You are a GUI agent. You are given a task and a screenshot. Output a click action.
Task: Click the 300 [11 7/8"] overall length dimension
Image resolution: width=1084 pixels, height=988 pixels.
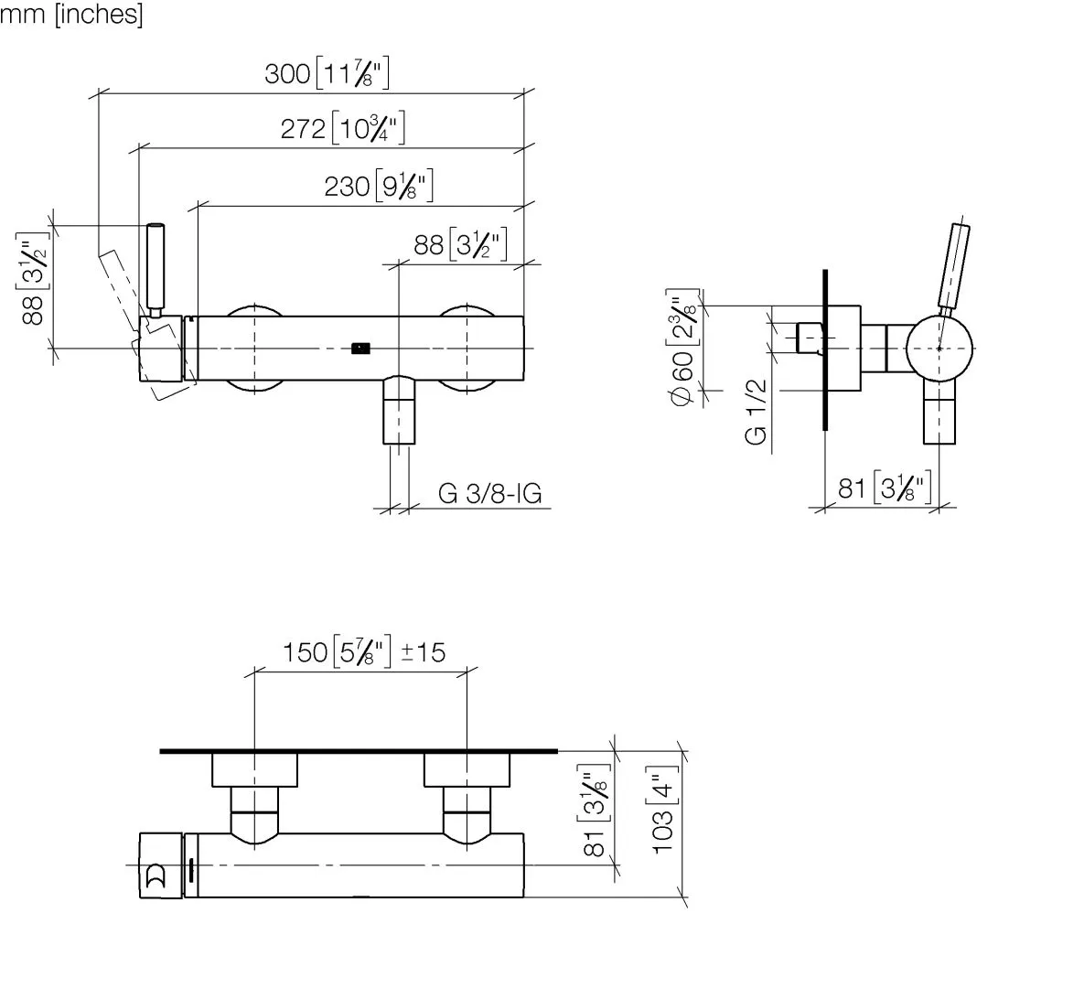(x=327, y=73)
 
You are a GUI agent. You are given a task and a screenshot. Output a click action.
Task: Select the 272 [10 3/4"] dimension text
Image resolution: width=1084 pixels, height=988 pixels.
(x=342, y=128)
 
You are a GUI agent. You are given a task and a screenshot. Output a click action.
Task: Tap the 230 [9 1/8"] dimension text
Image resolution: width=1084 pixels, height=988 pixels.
(x=378, y=187)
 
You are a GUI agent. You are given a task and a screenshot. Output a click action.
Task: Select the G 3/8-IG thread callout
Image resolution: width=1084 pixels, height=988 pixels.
(x=489, y=494)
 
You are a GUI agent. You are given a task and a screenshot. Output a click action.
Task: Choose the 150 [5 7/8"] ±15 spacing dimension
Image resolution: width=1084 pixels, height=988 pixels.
(x=363, y=652)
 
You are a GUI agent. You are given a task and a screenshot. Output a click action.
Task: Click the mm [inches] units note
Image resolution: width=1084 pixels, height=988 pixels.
(x=71, y=16)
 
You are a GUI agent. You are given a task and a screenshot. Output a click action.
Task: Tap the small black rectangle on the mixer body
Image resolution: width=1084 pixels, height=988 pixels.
(x=361, y=347)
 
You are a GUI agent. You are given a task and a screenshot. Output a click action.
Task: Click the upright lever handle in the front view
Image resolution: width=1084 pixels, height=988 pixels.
(x=156, y=267)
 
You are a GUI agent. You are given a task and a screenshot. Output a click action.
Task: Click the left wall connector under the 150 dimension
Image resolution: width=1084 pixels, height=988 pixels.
(x=254, y=769)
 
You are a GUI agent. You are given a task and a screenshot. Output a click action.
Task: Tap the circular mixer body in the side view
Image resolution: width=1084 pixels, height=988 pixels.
(x=939, y=349)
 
